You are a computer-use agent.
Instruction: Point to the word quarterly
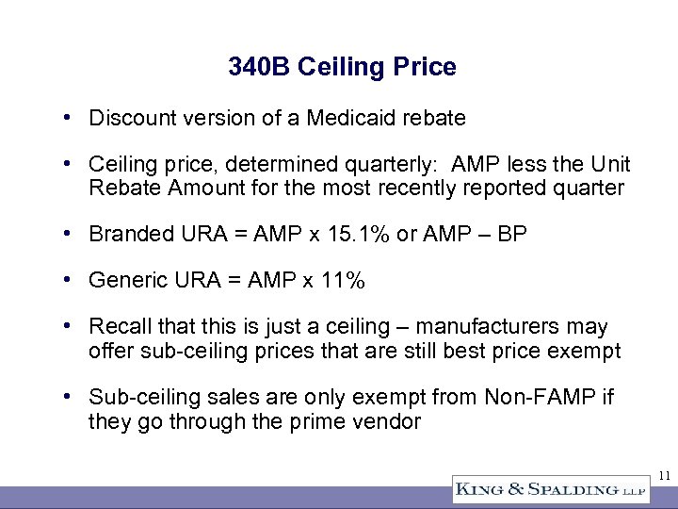[x=395, y=164]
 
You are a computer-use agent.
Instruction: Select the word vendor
[x=386, y=420]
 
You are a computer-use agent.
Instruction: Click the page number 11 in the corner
[x=663, y=475]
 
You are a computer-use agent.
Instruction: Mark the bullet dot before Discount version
[x=70, y=118]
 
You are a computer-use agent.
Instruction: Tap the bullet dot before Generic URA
[x=70, y=280]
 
